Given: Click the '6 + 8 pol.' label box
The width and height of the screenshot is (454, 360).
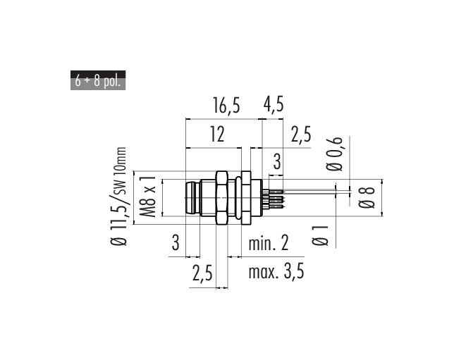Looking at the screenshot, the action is coord(98,80).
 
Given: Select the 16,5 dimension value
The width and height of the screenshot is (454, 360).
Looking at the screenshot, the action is coord(227,106).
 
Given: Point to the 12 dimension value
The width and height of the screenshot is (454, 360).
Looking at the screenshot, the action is coord(217,135).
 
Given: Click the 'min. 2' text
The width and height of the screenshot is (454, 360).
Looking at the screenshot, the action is coord(269,243).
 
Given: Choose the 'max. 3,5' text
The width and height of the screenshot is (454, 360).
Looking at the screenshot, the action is coord(276,272).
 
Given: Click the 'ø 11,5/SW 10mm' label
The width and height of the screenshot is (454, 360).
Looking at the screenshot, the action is coord(118,197).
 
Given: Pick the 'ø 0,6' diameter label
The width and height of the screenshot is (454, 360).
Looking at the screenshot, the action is coord(334,154).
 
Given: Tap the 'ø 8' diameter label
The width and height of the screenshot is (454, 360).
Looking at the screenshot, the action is coord(367,198).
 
